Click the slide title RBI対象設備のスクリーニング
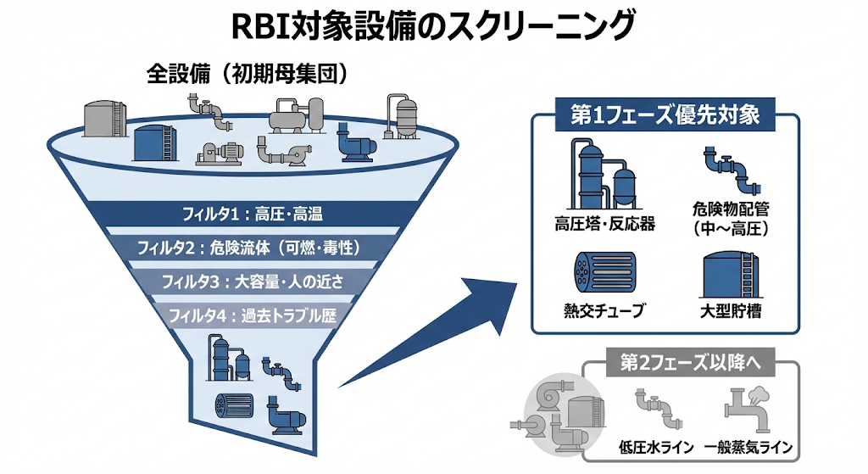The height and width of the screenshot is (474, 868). click(x=433, y=25)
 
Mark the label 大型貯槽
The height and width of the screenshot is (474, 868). click(x=732, y=311)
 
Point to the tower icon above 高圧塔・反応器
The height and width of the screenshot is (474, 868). click(x=604, y=174)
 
